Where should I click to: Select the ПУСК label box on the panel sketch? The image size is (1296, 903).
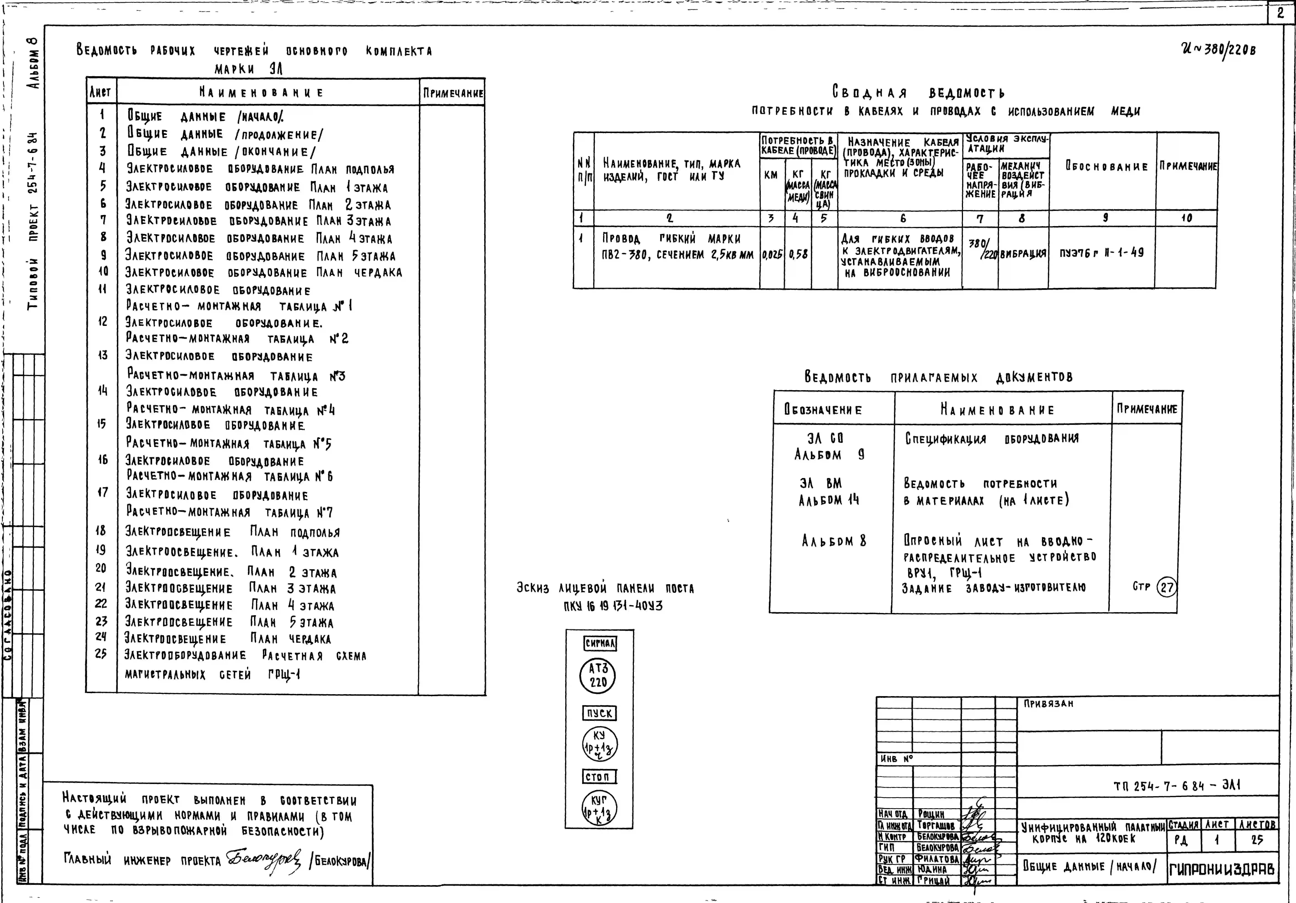[599, 713]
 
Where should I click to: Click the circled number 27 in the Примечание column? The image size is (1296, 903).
[1166, 587]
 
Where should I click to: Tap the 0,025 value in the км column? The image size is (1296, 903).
[772, 255]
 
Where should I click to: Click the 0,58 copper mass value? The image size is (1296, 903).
[798, 255]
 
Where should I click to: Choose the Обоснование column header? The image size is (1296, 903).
[1106, 167]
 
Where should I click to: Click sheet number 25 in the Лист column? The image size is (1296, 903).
[101, 655]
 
